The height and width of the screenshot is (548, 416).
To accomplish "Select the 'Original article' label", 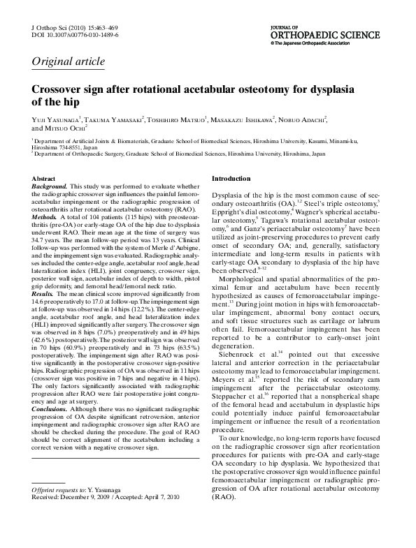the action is pos(68,61).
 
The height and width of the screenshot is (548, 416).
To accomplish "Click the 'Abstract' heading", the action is pos(44,179).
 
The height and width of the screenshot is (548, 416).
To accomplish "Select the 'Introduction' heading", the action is pos(231,179).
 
